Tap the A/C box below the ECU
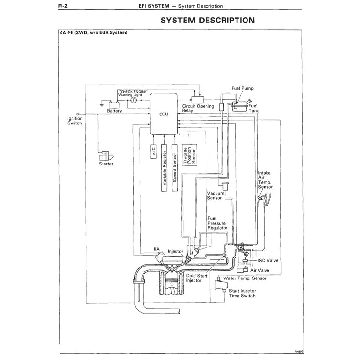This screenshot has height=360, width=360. pos(154,152)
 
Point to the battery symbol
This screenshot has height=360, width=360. pos(114,103)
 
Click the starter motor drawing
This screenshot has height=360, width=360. pos(105,156)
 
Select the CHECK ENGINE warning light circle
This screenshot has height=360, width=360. pos(134,101)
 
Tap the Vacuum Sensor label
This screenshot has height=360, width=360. pos(216,196)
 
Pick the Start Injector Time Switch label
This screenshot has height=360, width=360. pos(242,293)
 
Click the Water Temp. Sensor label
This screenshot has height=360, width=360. pos(245,278)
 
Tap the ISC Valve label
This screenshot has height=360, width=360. pos(268,261)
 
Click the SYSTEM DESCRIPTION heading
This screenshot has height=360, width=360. pos(207,21)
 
